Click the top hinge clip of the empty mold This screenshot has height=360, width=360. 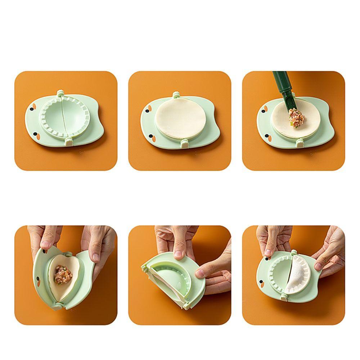click(x=60, y=94)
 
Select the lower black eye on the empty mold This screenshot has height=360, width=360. click(x=36, y=135)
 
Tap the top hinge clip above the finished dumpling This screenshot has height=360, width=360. click(x=294, y=252)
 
